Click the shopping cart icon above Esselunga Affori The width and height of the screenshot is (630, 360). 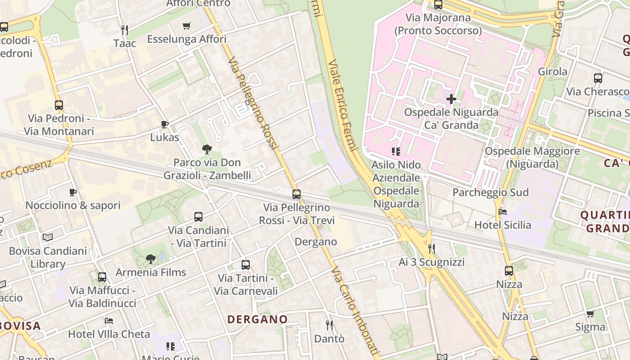(187, 26)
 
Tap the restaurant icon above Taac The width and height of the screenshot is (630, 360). (125, 30)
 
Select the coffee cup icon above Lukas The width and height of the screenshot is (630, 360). (165, 124)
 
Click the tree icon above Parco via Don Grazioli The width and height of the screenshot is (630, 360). (207, 149)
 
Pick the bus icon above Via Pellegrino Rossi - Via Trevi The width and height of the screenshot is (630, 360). (297, 194)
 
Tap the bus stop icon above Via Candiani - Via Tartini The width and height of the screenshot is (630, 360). (198, 217)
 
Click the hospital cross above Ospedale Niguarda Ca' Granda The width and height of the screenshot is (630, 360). (451, 99)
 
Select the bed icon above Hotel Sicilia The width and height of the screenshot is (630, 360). (503, 212)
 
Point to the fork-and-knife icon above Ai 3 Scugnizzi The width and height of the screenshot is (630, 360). (432, 248)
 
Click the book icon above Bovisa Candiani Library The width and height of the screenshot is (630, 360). (48, 237)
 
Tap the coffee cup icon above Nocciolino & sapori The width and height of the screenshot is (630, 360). (73, 193)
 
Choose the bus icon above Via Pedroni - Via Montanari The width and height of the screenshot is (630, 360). (59, 105)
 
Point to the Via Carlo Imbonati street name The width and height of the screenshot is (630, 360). (355, 310)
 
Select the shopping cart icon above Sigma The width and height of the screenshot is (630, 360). (590, 314)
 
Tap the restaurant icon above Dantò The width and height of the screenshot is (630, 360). (329, 325)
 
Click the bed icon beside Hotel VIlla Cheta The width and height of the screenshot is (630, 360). (109, 321)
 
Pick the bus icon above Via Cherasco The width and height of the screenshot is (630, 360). (598, 78)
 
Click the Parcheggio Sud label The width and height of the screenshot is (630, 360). (490, 193)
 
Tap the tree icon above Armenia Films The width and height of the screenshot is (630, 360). (151, 259)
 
